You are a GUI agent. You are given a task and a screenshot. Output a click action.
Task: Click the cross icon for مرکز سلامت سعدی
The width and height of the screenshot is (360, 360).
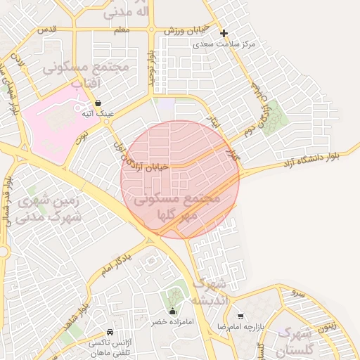click(224, 33)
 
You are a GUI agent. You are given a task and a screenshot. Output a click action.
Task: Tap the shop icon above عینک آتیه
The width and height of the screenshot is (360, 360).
click(97, 103)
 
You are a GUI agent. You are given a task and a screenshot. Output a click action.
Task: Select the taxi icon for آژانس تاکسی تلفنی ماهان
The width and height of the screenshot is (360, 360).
click(110, 332)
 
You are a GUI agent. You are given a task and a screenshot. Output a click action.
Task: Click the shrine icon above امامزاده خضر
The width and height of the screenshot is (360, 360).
click(173, 311)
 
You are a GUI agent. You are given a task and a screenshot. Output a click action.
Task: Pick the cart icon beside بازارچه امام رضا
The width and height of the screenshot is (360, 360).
click(241, 316)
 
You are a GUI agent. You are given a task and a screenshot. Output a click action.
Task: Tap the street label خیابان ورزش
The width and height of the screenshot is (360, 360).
click(188, 30)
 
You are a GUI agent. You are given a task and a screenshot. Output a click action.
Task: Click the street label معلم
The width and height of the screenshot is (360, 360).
click(121, 30)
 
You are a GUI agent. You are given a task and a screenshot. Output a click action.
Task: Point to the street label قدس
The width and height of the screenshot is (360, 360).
click(47, 30)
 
